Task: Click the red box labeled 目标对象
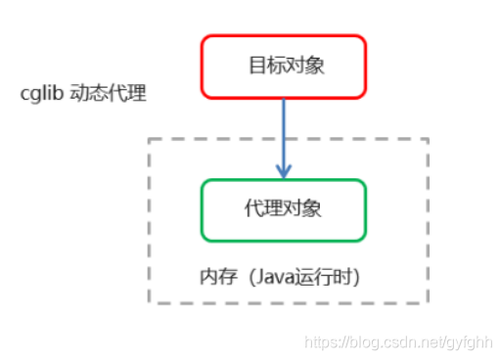coord(284,67)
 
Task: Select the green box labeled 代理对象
coord(284,209)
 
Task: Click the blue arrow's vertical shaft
coord(284,132)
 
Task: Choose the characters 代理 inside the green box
coord(261,209)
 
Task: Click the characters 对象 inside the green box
coord(305,209)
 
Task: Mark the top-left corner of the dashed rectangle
coord(150,140)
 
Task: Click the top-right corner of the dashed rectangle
coord(428,140)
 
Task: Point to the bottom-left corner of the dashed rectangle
coord(150,302)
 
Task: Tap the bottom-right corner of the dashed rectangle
coord(428,302)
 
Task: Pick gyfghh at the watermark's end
coord(470,343)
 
